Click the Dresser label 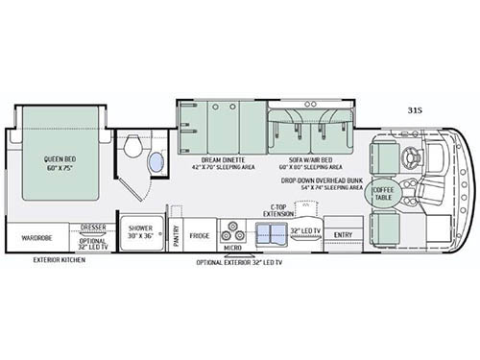tap(93, 228)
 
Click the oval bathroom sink tap(155, 161)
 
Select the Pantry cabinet tap(177, 235)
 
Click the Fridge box tap(199, 235)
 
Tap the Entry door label tap(342, 234)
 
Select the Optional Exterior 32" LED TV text tap(241, 261)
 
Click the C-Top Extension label tap(280, 209)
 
